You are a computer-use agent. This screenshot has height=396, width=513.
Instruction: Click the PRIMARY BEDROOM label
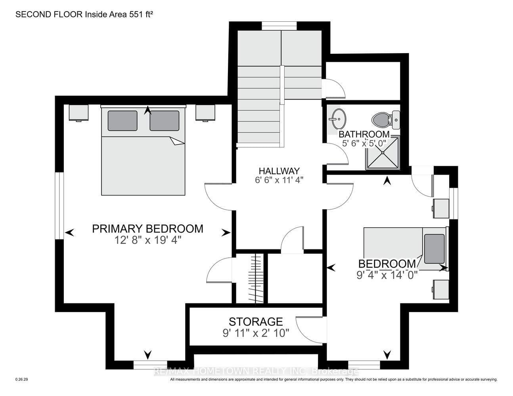147,228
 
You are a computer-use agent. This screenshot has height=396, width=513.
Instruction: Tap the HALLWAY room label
279,171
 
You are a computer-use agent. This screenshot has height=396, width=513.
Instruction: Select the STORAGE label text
256,322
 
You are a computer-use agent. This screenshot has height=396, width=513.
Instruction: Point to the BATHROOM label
364,134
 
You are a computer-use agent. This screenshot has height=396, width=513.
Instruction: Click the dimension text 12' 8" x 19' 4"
148,240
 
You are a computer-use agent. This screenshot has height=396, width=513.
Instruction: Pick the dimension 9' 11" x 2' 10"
256,333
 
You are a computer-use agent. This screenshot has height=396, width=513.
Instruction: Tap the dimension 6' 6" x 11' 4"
279,180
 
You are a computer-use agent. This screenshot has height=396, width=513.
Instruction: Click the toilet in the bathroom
386,120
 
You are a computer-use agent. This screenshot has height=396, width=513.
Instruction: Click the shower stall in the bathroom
383,153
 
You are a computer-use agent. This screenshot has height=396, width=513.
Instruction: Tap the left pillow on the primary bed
123,121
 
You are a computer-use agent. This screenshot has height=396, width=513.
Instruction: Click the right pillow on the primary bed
164,121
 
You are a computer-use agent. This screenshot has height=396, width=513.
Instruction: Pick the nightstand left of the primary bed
78,113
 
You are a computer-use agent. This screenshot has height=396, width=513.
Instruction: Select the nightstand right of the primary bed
205,113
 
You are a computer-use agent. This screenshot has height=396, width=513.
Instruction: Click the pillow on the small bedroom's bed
435,249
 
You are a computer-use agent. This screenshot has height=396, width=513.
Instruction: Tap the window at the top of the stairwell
279,26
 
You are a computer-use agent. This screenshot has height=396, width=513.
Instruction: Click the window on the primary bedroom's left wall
59,206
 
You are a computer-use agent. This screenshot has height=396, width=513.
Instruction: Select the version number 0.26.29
22,379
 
